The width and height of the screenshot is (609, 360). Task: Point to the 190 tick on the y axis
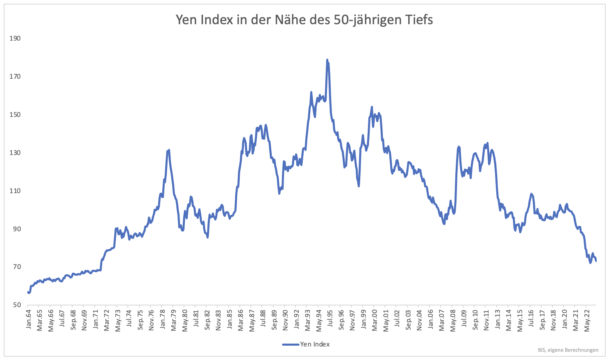[15, 39]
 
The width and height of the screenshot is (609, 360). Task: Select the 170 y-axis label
[15, 77]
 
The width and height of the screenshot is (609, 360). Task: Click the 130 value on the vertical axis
[15, 153]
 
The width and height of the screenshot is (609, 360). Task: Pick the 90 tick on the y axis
[16, 229]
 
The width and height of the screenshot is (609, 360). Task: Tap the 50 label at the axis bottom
[16, 305]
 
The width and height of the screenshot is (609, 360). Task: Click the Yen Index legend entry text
[315, 344]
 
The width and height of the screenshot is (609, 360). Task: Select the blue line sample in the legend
[291, 344]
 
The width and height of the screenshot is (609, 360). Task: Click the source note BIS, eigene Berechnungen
[568, 350]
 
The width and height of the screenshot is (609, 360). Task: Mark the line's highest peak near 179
[327, 60]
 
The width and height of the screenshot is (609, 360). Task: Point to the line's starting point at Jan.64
[28, 292]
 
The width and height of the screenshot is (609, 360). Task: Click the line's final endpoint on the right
[596, 261]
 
